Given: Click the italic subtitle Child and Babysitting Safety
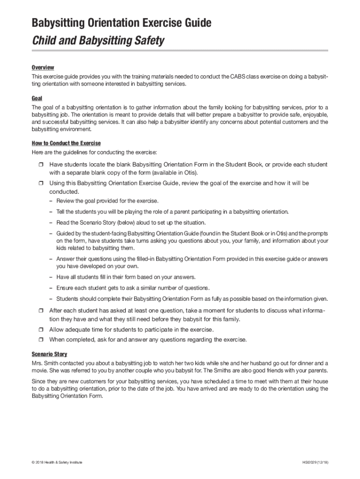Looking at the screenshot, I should point(98,41).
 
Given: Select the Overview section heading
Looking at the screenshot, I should point(43,67).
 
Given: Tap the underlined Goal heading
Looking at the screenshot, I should point(37,99).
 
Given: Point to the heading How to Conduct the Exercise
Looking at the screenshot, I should point(66,143).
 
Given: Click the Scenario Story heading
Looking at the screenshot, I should point(50,354).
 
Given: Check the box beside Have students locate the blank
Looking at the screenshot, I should point(40,165).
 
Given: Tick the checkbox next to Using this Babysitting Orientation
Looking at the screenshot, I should point(40,184).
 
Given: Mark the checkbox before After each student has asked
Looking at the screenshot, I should point(40,311).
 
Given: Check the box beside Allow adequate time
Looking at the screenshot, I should point(40,330).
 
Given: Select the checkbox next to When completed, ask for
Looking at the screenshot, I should point(40,340).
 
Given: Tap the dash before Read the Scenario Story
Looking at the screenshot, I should point(50,223).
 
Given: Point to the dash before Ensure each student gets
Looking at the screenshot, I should point(50,288).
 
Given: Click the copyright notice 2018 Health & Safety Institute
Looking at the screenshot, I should point(58,462).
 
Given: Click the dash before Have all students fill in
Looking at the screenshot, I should point(50,277).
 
